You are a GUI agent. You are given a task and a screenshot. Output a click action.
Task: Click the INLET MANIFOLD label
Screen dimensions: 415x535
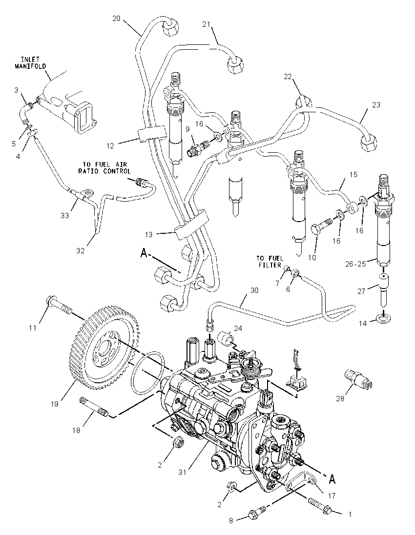click(x=30, y=63)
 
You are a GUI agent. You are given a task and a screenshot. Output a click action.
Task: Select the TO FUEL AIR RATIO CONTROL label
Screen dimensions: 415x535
click(x=104, y=168)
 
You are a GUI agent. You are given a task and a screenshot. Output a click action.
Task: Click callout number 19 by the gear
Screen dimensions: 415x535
click(x=54, y=404)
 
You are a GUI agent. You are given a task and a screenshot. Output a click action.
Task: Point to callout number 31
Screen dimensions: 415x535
click(x=182, y=473)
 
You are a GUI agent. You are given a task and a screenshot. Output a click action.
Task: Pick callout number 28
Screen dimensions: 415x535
click(x=340, y=398)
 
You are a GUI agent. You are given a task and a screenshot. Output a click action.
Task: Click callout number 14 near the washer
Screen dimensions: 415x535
click(x=362, y=323)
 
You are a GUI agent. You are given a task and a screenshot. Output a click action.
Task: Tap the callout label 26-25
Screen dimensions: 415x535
click(x=356, y=264)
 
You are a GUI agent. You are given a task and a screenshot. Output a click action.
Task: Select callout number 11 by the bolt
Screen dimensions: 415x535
click(x=32, y=328)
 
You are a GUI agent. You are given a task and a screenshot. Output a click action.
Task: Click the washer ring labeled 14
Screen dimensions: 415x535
click(x=384, y=319)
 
